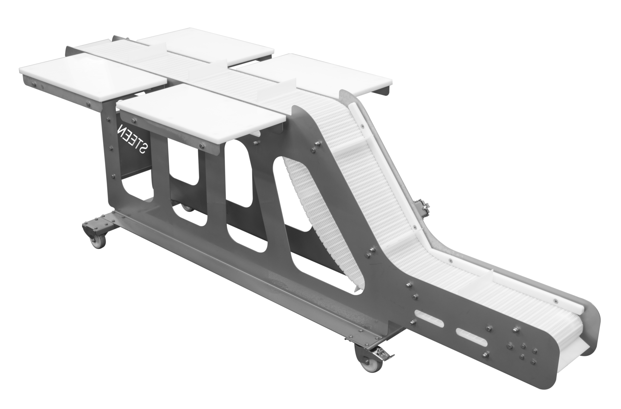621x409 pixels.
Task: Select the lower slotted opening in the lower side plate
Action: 472,337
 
